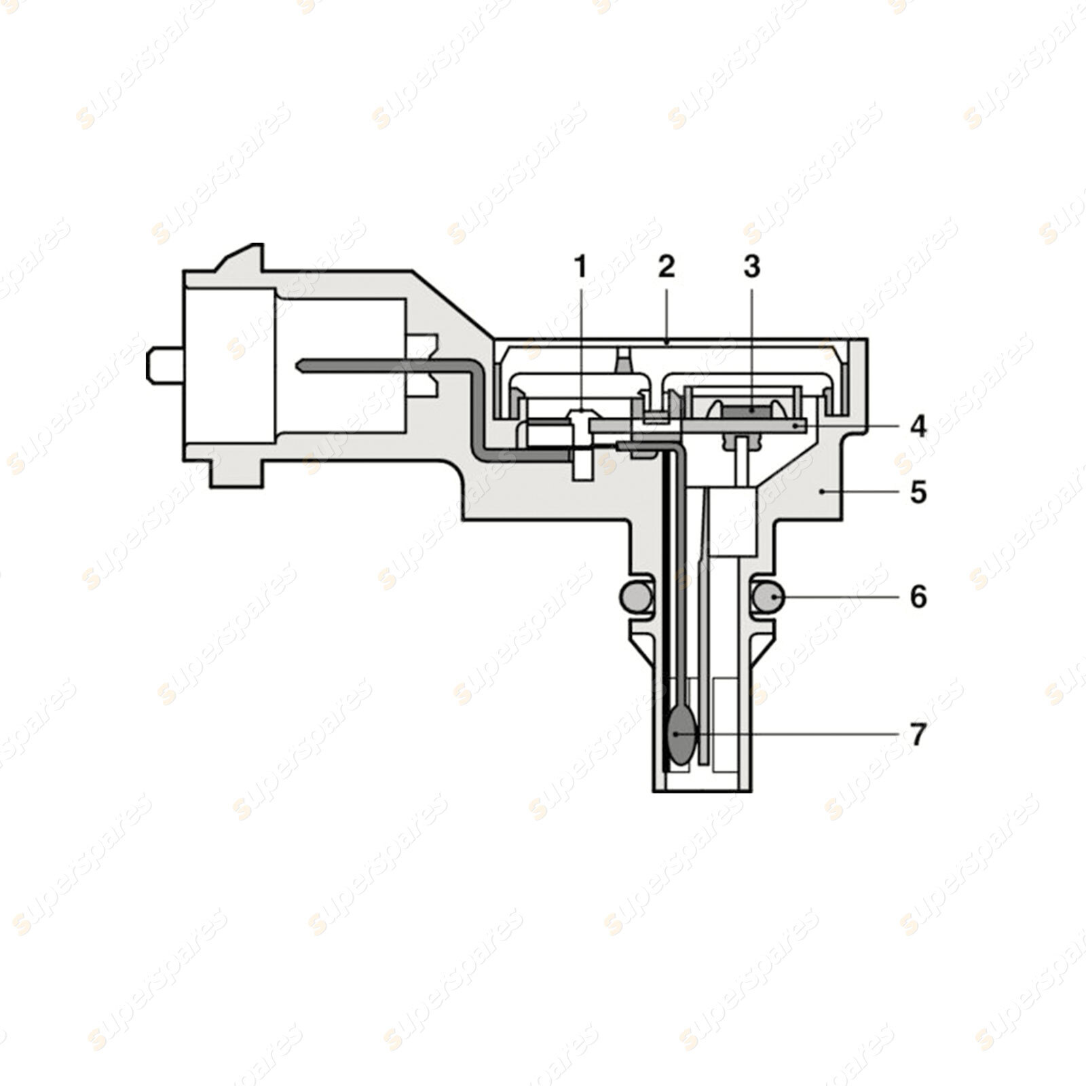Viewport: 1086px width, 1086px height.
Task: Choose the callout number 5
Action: tap(918, 492)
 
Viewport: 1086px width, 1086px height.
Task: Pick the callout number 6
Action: tap(918, 597)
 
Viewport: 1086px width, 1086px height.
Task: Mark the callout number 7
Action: tap(918, 734)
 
